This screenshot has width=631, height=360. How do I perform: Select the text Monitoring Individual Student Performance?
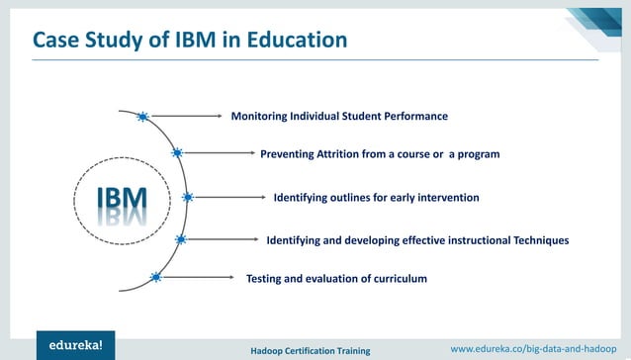click(x=339, y=117)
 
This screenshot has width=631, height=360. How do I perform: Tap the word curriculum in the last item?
click(x=394, y=279)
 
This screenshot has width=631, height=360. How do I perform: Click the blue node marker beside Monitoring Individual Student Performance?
click(x=142, y=117)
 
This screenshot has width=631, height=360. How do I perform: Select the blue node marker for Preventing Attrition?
click(x=177, y=153)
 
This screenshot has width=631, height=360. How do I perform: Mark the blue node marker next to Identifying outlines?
click(x=188, y=197)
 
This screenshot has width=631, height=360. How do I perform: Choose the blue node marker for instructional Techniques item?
click(x=180, y=239)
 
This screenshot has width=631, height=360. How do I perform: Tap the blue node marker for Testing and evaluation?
click(x=155, y=278)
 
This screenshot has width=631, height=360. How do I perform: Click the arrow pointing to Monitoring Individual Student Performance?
click(x=188, y=117)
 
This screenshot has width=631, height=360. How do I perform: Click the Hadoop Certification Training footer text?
click(x=310, y=350)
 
